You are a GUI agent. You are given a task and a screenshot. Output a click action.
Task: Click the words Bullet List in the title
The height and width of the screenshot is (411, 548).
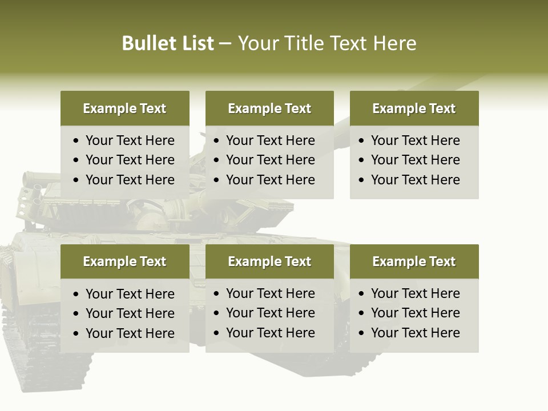coord(168,43)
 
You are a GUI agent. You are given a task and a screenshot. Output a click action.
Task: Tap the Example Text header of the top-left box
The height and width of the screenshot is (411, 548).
coord(124,108)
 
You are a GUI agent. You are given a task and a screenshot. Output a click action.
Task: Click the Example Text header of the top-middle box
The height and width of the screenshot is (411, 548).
coord(269,108)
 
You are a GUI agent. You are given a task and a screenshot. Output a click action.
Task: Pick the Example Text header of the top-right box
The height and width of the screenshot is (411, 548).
coord(414,108)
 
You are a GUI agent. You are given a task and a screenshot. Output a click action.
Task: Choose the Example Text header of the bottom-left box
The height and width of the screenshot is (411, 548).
coord(124,261)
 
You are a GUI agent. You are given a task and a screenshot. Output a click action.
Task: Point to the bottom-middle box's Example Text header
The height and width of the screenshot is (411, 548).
coord(269,261)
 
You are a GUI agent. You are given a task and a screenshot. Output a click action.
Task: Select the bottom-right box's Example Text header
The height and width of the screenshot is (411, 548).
coord(414,261)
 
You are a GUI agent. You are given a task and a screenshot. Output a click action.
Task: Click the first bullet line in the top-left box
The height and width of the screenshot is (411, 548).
coord(130,140)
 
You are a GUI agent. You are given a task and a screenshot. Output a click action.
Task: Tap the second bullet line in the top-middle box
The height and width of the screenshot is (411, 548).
coord(270,160)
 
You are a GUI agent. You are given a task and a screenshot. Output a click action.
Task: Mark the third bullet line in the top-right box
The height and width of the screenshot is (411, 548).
coord(415,180)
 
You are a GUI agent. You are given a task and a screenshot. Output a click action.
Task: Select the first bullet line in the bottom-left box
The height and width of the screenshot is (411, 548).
coord(130,294)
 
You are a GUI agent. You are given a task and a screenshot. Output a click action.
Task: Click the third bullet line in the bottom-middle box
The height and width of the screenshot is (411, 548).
coord(270,333)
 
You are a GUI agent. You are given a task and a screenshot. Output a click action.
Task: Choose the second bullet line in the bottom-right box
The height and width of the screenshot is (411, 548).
coord(415,313)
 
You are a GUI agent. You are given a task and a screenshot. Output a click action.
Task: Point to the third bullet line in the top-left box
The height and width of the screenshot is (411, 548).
coord(130,180)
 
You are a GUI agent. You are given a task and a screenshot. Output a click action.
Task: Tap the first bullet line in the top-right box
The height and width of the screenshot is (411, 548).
coord(415,140)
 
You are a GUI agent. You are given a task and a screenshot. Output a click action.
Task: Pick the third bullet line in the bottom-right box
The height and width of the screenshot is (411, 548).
coord(415,333)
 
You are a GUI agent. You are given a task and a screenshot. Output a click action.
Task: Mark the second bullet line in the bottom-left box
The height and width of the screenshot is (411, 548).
coord(130,313)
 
